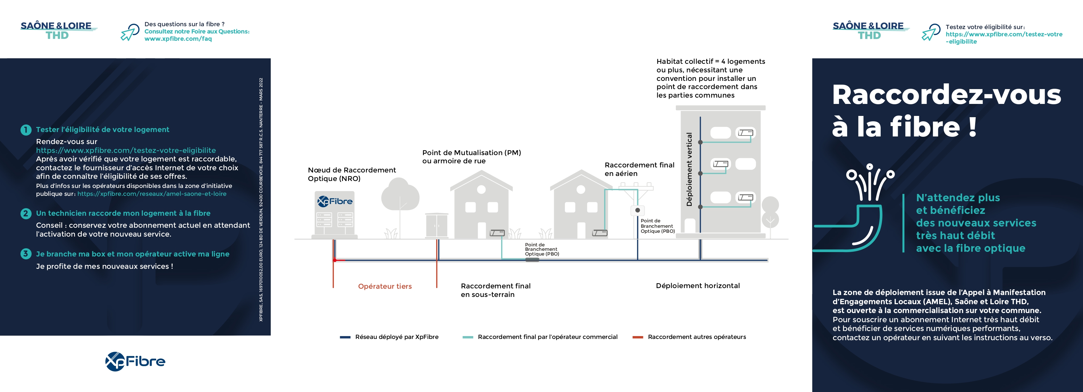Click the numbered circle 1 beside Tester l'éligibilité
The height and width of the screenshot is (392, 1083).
26,130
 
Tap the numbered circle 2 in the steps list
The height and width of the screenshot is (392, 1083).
26,214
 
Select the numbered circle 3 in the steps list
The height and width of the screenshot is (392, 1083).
26,254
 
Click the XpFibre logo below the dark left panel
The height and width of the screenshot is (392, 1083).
135,361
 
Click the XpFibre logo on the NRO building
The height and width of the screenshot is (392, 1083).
335,201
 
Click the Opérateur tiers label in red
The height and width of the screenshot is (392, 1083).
385,286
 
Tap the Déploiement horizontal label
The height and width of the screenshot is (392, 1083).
697,286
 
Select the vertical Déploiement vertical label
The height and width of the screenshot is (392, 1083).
689,169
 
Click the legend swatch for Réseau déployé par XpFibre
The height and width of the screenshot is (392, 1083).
345,337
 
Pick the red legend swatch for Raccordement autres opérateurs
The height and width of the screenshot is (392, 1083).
638,337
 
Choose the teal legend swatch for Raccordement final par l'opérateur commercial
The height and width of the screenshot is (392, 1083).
468,337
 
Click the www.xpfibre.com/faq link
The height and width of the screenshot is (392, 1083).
178,39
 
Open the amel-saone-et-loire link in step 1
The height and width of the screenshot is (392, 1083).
152,194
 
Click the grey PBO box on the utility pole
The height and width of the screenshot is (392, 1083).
637,210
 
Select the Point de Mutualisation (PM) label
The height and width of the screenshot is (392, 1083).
471,153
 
